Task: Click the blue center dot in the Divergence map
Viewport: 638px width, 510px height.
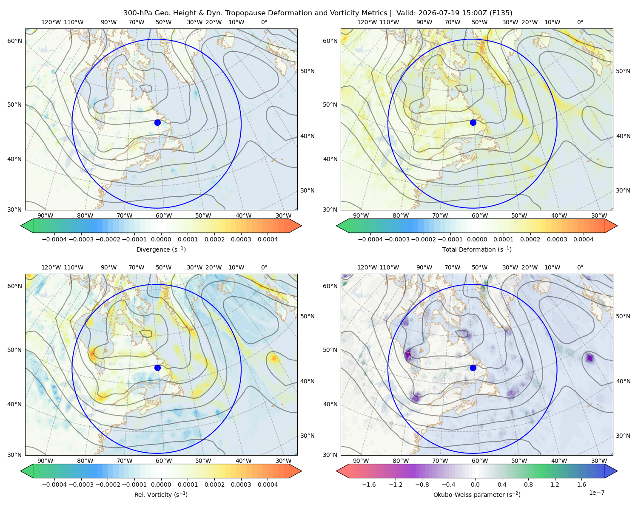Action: [x=157, y=122]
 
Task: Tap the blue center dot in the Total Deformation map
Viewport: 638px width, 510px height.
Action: [x=473, y=122]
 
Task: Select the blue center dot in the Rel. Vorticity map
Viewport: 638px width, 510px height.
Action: [x=157, y=368]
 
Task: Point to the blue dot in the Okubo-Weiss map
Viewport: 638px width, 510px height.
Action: [x=473, y=368]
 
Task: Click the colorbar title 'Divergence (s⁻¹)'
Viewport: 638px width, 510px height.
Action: [x=161, y=249]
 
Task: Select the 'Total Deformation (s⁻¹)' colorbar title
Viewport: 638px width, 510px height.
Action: [x=477, y=249]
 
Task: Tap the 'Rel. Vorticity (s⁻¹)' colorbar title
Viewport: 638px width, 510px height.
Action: [x=161, y=494]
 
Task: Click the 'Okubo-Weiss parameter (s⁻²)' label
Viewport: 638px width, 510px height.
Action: [x=477, y=494]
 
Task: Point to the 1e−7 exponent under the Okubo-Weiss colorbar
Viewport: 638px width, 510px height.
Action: [x=596, y=493]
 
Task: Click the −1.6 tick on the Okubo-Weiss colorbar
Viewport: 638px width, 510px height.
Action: [x=369, y=484]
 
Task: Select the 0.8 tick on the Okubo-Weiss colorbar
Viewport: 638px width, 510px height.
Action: [x=528, y=484]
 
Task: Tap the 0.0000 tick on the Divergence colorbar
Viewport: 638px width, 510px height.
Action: [x=161, y=239]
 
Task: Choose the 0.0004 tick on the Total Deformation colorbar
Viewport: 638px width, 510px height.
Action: [x=583, y=239]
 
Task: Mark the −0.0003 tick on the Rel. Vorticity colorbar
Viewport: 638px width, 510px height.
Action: [x=81, y=484]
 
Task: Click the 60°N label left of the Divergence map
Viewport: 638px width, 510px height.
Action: [x=14, y=41]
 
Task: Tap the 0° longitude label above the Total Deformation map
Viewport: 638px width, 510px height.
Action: [x=580, y=22]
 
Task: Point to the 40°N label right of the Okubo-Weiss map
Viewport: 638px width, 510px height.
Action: [x=623, y=381]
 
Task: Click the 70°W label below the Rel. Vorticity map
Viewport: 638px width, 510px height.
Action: [x=125, y=461]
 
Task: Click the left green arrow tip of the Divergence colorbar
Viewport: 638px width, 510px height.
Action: [x=21, y=226]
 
